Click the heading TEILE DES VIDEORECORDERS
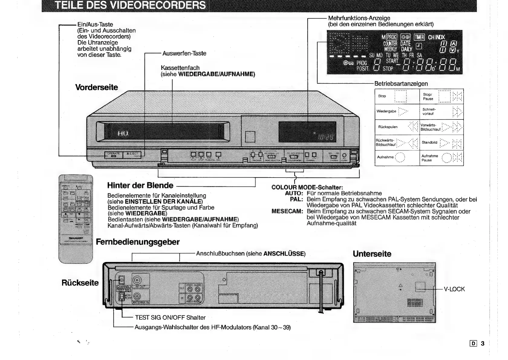130,5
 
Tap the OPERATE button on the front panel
114,155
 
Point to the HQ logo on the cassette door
123,133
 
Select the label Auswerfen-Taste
184,54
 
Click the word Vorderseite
96,87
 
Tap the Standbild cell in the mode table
441,142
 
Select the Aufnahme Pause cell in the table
441,158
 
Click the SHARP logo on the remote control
76,238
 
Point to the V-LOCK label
454,289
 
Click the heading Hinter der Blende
140,185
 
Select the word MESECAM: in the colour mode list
287,211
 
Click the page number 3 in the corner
483,343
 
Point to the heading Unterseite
372,254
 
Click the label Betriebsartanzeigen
401,84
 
